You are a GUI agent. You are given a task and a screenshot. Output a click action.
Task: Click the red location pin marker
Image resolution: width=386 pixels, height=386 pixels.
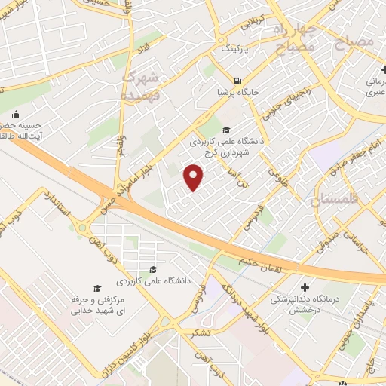click(x=195, y=178)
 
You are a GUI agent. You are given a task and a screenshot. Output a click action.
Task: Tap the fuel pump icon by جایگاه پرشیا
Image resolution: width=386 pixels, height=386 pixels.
click(x=238, y=81)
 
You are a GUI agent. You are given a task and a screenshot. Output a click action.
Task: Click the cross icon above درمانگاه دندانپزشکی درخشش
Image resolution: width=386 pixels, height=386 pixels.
click(x=305, y=287)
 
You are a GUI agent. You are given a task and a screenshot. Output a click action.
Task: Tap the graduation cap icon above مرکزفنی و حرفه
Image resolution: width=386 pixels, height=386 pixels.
click(x=96, y=288)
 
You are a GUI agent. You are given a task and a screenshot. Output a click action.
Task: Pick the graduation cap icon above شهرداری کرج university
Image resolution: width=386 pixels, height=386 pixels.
click(x=228, y=129)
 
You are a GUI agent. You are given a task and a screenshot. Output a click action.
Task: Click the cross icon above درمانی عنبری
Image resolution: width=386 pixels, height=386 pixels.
click(x=385, y=70)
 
